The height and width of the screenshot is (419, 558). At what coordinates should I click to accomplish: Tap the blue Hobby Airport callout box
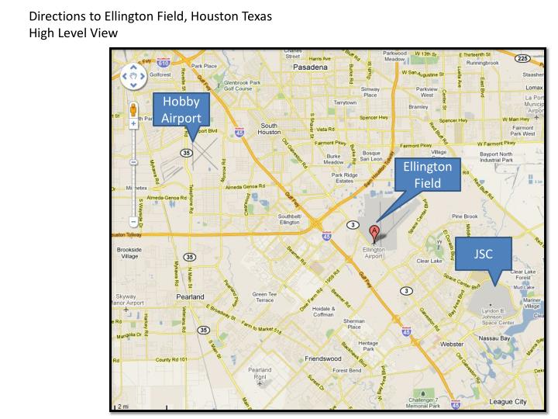(181, 109)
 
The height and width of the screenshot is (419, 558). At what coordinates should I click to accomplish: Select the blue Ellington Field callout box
(427, 175)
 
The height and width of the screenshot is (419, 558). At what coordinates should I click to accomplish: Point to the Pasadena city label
(312, 68)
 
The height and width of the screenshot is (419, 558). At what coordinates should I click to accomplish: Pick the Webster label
(450, 343)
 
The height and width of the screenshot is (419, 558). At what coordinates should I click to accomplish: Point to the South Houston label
(269, 128)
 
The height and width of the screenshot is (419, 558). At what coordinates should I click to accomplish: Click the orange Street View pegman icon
(133, 110)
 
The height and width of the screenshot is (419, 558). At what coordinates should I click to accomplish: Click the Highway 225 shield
(522, 58)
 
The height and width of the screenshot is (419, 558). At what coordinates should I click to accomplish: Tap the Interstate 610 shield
(163, 61)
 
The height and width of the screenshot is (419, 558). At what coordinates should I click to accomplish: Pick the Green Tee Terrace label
(264, 298)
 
